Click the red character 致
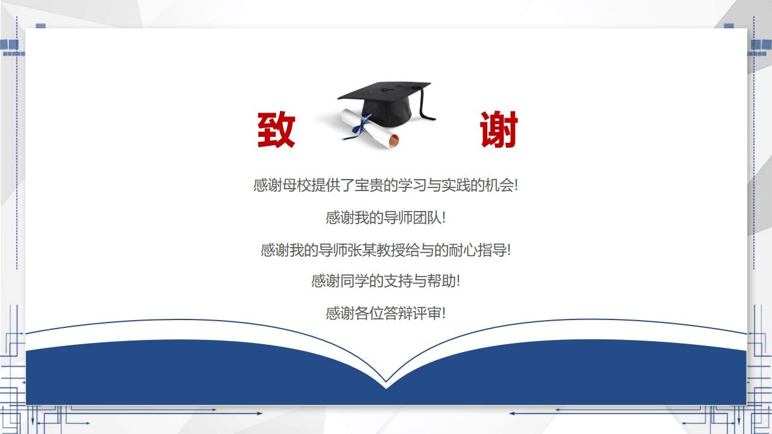click(x=276, y=130)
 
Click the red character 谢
click(x=499, y=130)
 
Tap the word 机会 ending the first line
click(x=499, y=185)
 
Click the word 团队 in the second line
click(x=427, y=218)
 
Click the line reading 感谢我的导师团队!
click(x=385, y=218)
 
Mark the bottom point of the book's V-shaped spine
click(x=386, y=382)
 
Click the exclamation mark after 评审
click(x=444, y=313)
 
